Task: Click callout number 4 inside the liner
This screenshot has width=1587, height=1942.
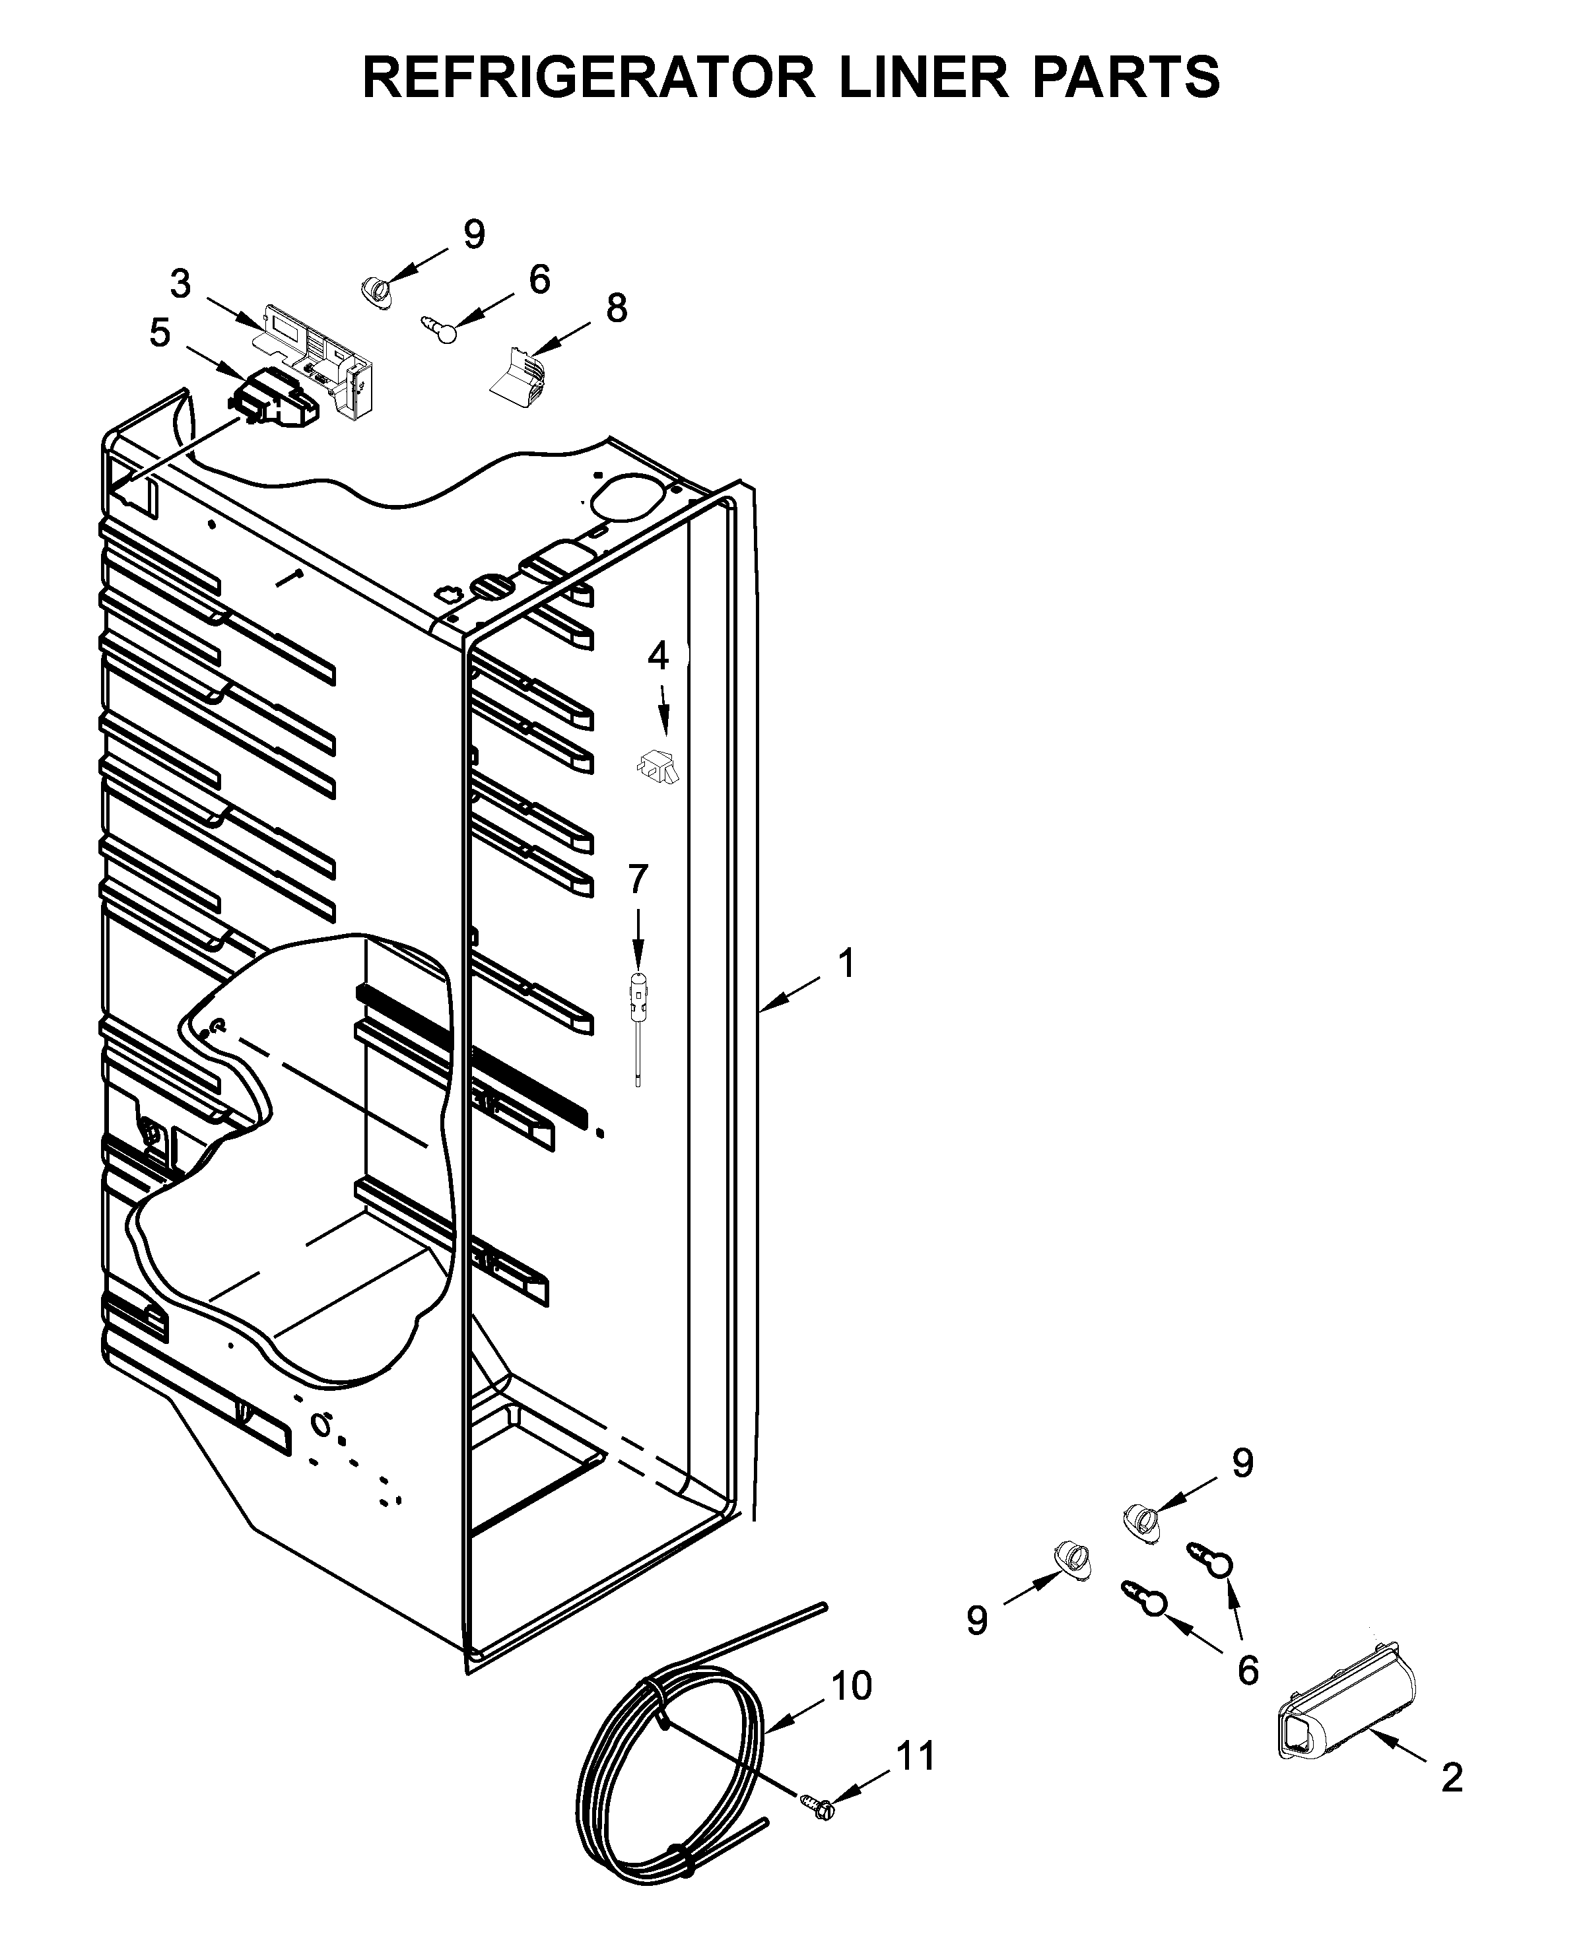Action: coord(658,656)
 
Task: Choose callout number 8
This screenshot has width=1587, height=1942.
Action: coord(617,308)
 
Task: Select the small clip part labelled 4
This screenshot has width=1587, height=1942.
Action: coord(658,765)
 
